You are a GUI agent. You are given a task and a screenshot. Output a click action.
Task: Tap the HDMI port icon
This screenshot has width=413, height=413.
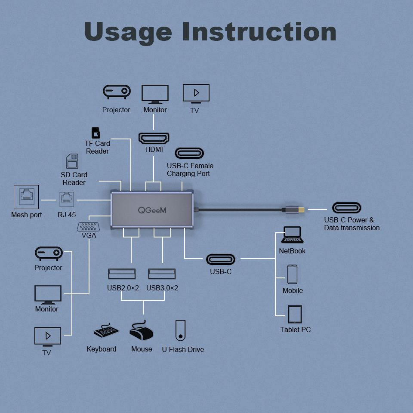[x=154, y=138]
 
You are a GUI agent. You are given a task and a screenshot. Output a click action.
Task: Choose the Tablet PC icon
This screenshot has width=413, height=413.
[x=295, y=314]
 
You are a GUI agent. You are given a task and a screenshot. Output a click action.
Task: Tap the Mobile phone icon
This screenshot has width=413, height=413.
[x=293, y=274]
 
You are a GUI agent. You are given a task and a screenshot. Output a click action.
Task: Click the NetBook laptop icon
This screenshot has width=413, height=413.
[x=292, y=235]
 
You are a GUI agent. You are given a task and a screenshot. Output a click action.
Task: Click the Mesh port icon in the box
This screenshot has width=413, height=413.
[x=26, y=197]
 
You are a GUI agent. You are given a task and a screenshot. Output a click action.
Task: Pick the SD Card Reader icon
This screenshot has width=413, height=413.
[x=72, y=161]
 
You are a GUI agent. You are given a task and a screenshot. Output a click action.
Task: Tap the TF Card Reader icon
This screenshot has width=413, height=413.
[x=96, y=133]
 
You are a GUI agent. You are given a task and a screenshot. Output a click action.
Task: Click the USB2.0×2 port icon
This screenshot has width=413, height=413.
[x=122, y=274]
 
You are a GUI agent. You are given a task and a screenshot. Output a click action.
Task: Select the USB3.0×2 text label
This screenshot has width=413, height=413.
[x=162, y=288]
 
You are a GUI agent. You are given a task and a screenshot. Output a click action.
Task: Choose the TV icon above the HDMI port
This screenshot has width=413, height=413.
[x=196, y=93]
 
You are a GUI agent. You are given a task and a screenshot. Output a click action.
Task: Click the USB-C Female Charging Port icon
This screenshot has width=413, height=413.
[x=189, y=153]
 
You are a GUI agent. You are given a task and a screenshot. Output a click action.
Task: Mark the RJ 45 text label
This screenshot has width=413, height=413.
[x=67, y=215]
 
